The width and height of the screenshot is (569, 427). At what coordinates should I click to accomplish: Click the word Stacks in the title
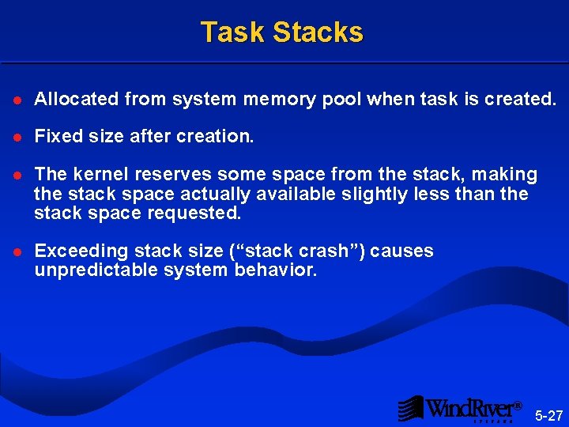tap(318, 32)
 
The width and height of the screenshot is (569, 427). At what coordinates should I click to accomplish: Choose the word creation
tap(217, 136)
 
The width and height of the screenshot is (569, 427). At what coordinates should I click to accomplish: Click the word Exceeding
tap(80, 251)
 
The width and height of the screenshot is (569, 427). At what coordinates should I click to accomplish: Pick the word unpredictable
tap(94, 270)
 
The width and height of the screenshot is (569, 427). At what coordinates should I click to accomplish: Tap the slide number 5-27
tap(548, 415)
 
